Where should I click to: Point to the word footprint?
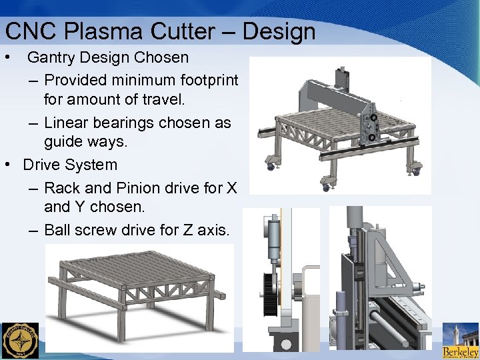click(209, 80)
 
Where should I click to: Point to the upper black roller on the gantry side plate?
click(373, 118)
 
